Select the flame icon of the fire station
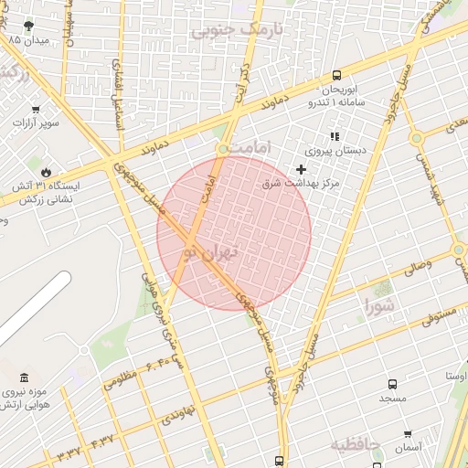46,171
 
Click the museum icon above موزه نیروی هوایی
22,378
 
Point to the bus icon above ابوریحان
337,76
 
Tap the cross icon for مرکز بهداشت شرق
302,169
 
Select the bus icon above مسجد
392,385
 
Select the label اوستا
456,376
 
